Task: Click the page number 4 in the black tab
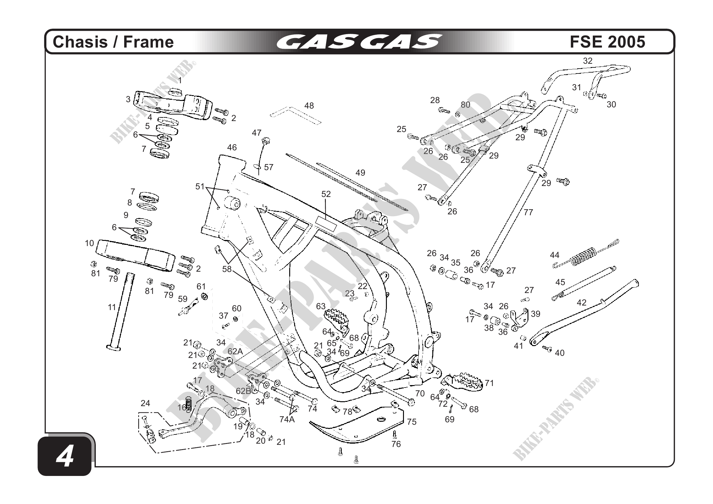coord(65,457)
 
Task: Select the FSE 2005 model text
coord(607,42)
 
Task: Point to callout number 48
coord(309,106)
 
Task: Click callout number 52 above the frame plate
coord(326,194)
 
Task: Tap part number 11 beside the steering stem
coord(112,307)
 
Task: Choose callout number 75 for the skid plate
coord(412,422)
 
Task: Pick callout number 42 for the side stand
coord(581,302)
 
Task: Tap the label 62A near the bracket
coord(235,351)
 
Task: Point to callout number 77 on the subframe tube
coord(528,213)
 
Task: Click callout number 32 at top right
coord(588,61)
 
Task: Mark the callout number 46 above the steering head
coord(232,148)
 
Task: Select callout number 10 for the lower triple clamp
coord(89,243)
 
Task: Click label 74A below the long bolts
coord(287,420)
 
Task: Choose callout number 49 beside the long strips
coord(360,173)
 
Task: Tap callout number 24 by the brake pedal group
coord(145,403)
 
